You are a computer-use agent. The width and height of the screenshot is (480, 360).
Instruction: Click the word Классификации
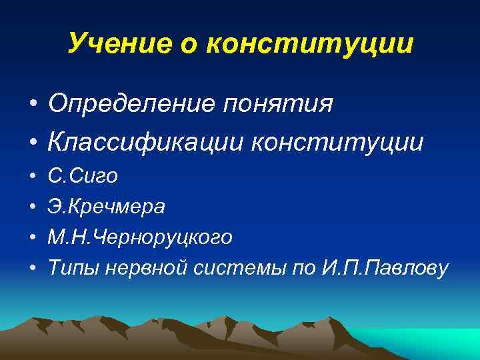pyautogui.click(x=147, y=141)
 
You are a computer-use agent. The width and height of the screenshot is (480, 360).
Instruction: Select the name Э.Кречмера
pyautogui.click(x=106, y=207)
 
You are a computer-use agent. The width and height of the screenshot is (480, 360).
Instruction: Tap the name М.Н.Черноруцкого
pyautogui.click(x=140, y=237)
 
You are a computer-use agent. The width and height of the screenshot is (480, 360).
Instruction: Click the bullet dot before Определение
pyautogui.click(x=32, y=105)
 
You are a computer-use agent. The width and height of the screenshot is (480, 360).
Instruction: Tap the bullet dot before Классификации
pyautogui.click(x=32, y=143)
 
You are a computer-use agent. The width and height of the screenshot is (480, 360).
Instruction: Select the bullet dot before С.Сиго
pyautogui.click(x=32, y=177)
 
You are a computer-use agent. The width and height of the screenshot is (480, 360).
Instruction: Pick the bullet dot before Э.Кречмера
pyautogui.click(x=32, y=207)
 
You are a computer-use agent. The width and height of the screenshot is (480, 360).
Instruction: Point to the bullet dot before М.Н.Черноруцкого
pyautogui.click(x=32, y=238)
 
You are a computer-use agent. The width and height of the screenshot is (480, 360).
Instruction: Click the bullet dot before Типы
pyautogui.click(x=32, y=268)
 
